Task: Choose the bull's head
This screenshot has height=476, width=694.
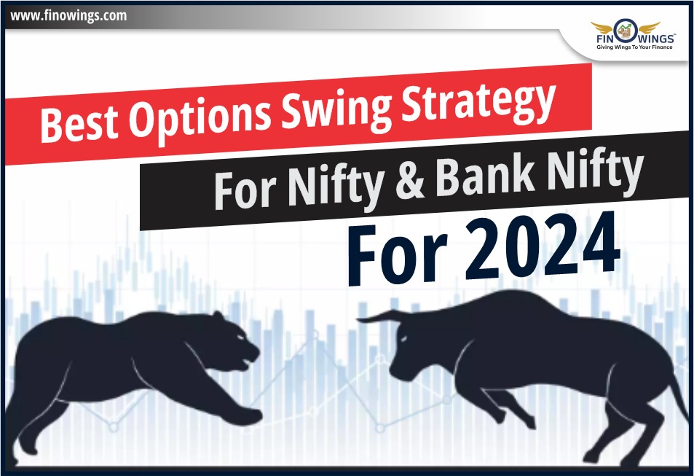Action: [x=415, y=350]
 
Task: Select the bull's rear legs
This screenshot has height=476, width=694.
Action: [x=619, y=430]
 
